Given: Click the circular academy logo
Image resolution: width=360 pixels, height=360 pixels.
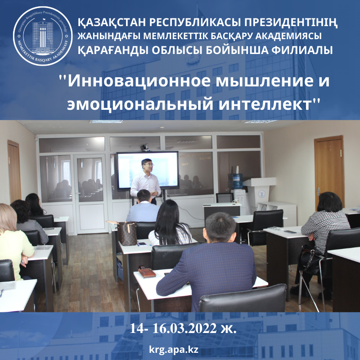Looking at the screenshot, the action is click(x=43, y=36).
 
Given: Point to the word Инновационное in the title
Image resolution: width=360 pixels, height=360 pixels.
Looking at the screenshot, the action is click(x=140, y=81).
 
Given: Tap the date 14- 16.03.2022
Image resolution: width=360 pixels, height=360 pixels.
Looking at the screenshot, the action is click(x=173, y=328).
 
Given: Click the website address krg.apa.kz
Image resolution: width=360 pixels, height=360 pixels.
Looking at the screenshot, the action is click(x=174, y=350).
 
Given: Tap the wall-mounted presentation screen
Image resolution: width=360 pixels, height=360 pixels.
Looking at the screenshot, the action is click(x=148, y=170).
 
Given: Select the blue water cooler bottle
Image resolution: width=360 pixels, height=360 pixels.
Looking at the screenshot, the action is click(x=238, y=181).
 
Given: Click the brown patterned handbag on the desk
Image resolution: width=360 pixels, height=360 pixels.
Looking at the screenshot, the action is click(x=127, y=233).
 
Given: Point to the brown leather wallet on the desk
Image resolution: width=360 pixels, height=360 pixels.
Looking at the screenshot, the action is click(x=147, y=272).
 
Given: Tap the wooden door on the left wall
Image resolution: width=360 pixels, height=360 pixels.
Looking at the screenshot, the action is click(x=14, y=171).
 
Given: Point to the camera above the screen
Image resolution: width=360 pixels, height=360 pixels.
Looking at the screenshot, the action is click(x=145, y=147).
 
